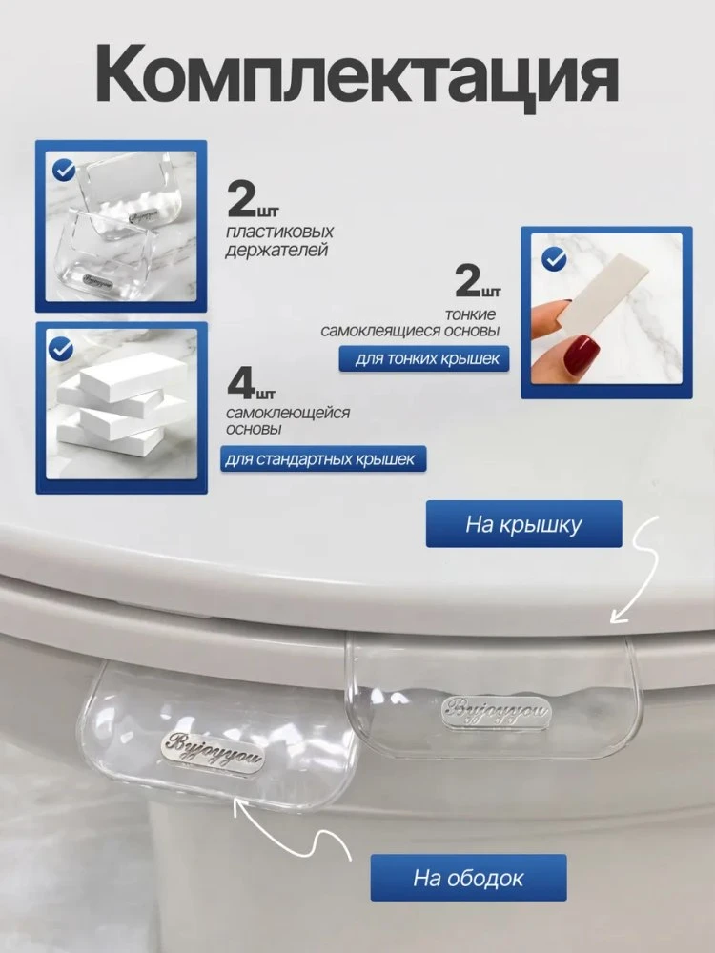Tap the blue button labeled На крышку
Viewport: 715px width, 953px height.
523,524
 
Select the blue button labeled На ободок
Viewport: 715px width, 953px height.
468,878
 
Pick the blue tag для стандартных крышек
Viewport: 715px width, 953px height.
323,459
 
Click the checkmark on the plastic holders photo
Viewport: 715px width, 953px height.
64,170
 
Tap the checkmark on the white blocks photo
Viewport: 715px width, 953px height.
61,349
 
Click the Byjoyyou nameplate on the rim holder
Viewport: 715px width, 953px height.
214,751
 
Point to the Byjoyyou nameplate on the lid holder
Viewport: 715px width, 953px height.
495,712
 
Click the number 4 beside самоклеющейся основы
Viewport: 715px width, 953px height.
241,383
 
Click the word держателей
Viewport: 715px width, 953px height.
276,250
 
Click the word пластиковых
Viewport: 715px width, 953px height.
279,233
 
